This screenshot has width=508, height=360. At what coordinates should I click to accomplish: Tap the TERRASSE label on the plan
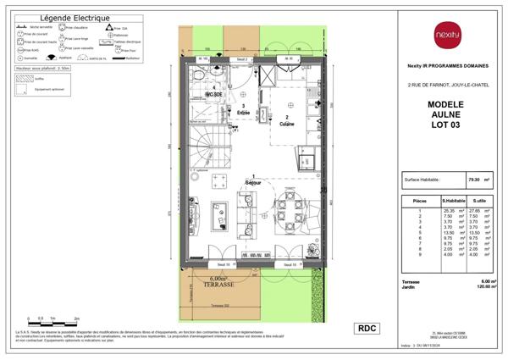point(217,284)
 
